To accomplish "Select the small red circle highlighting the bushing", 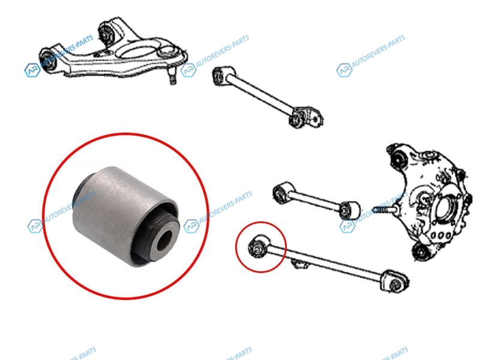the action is [261, 247].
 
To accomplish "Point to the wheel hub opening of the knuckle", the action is [443, 212].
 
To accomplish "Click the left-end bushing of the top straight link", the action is [220, 76].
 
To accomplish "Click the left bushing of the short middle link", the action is [281, 193].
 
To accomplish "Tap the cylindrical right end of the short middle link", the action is [350, 211].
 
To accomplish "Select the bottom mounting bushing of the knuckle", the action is [421, 251].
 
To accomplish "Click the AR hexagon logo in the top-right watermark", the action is [344, 71].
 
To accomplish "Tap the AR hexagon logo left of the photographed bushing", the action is [35, 226].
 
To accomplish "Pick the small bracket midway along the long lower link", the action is [299, 263].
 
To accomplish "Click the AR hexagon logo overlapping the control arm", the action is [32, 70].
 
